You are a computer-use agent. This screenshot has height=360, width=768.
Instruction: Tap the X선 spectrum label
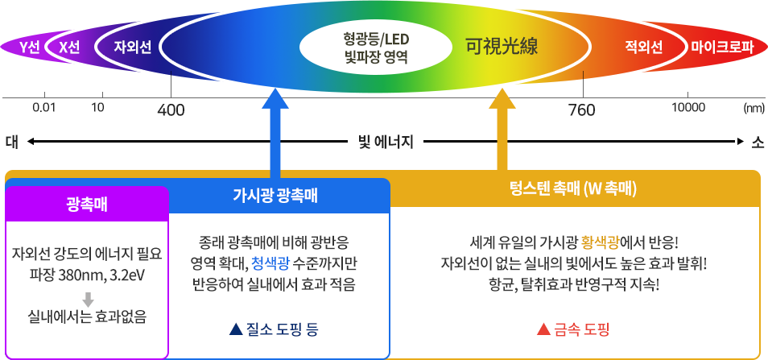pyautogui.click(x=69, y=48)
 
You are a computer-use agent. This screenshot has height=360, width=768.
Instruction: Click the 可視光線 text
pyautogui.click(x=502, y=47)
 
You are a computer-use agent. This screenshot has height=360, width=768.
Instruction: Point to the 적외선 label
pyautogui.click(x=643, y=48)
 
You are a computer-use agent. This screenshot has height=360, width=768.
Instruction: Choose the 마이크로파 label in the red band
pyautogui.click(x=722, y=48)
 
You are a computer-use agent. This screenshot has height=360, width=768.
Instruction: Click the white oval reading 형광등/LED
pyautogui.click(x=377, y=49)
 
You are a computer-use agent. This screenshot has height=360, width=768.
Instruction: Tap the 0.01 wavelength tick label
pyautogui.click(x=43, y=107)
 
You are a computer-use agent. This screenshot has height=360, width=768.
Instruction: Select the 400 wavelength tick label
pyautogui.click(x=171, y=110)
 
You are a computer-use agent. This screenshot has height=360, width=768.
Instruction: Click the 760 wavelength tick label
pyautogui.click(x=582, y=110)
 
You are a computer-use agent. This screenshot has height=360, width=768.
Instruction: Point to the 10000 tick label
pyautogui.click(x=688, y=107)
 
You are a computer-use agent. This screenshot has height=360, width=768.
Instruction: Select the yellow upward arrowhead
pyautogui.click(x=502, y=98)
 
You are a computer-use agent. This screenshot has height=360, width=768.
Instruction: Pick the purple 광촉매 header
pyautogui.click(x=87, y=204)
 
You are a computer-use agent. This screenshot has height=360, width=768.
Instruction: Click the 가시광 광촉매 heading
pyautogui.click(x=275, y=196)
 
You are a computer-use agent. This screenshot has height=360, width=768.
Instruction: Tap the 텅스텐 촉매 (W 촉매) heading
pyautogui.click(x=573, y=189)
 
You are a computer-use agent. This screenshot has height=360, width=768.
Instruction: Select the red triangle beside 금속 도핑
pyautogui.click(x=543, y=329)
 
